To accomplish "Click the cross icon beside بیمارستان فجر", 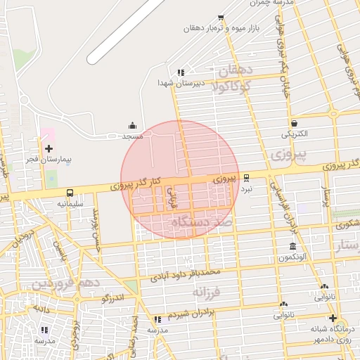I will pos(49,148).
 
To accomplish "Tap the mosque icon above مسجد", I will pos(133,125).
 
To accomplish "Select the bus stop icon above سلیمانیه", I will pos(70,193).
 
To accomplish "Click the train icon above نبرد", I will pos(246,178).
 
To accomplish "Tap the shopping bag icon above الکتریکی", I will pos(293,122).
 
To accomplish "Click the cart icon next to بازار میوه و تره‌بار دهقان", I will pos(221,18).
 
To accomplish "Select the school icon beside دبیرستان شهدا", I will pos(181,72).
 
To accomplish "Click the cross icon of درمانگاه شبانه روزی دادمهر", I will pos(333,318).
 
